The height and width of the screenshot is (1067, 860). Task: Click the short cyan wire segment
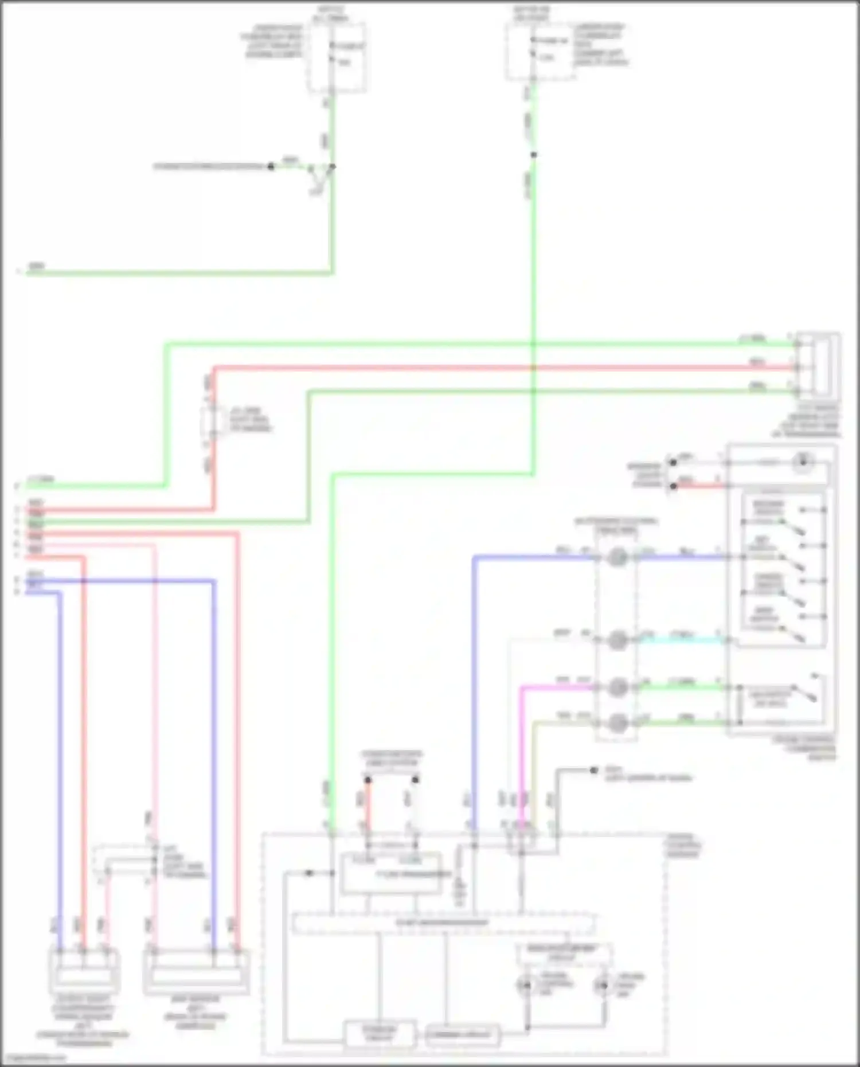pyautogui.click(x=679, y=640)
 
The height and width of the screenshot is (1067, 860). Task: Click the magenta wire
pyautogui.click(x=522, y=745)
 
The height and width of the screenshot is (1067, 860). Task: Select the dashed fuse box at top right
pyautogui.click(x=538, y=52)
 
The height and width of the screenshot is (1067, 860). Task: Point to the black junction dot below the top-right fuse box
pyautogui.click(x=533, y=155)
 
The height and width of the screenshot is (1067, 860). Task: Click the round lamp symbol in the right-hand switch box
pyautogui.click(x=804, y=462)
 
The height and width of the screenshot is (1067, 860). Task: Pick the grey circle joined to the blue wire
pyautogui.click(x=617, y=557)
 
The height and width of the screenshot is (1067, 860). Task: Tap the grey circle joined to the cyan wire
pyautogui.click(x=617, y=640)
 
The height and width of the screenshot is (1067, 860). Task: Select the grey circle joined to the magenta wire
pyautogui.click(x=617, y=686)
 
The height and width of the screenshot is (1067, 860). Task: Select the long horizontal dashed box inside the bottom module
pyautogui.click(x=443, y=924)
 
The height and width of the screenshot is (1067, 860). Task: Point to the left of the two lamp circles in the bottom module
pyautogui.click(x=525, y=986)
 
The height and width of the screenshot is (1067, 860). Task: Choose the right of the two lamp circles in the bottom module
pyautogui.click(x=601, y=986)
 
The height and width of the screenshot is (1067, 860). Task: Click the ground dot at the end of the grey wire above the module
pyautogui.click(x=595, y=770)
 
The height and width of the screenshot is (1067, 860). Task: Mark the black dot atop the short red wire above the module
pyautogui.click(x=368, y=780)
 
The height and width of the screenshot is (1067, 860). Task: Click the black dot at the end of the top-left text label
pyautogui.click(x=271, y=166)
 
